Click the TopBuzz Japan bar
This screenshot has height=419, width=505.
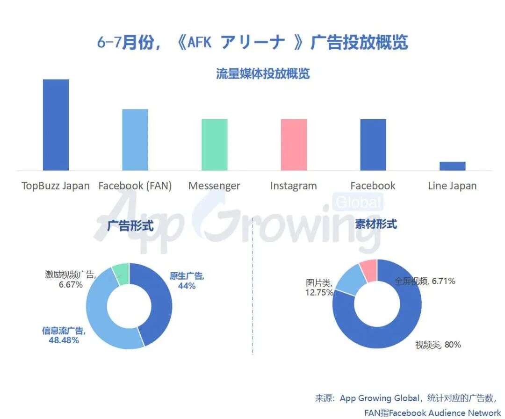[56, 125]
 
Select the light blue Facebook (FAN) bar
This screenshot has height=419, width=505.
[135, 140]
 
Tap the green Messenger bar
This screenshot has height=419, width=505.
[215, 145]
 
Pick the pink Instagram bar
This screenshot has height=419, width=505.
[294, 145]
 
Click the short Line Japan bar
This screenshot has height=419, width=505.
[452, 166]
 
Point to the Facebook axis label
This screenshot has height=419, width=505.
[373, 186]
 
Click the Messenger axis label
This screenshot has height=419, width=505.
[214, 186]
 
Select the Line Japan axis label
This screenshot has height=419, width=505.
[452, 186]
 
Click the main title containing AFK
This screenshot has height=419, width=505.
[252, 42]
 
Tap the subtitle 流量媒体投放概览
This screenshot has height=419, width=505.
[263, 74]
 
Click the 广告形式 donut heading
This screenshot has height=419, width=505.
[130, 225]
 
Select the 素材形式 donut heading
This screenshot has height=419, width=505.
[376, 224]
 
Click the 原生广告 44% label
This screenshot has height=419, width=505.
[187, 281]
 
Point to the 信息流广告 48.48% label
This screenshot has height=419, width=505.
[64, 335]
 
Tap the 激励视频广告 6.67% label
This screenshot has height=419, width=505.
[71, 279]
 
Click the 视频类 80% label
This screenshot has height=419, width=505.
[438, 345]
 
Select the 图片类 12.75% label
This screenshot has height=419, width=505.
[319, 288]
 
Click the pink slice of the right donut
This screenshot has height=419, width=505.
[369, 271]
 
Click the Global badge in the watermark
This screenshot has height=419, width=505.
[359, 202]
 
